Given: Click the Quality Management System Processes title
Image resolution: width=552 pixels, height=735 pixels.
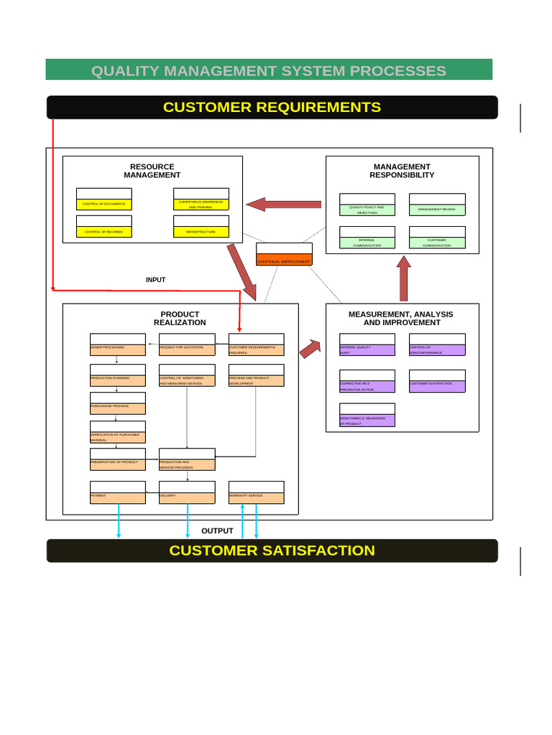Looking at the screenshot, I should click(269, 70).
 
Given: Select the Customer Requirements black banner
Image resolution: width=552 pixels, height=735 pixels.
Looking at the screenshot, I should click(272, 107).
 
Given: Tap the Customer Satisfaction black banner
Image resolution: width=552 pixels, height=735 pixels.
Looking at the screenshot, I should click(272, 551).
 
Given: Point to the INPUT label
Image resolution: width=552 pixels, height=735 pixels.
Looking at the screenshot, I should click(155, 280).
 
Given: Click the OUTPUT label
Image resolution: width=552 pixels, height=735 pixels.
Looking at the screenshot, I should click(217, 530).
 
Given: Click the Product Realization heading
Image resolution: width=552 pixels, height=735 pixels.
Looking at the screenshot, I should click(180, 318).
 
